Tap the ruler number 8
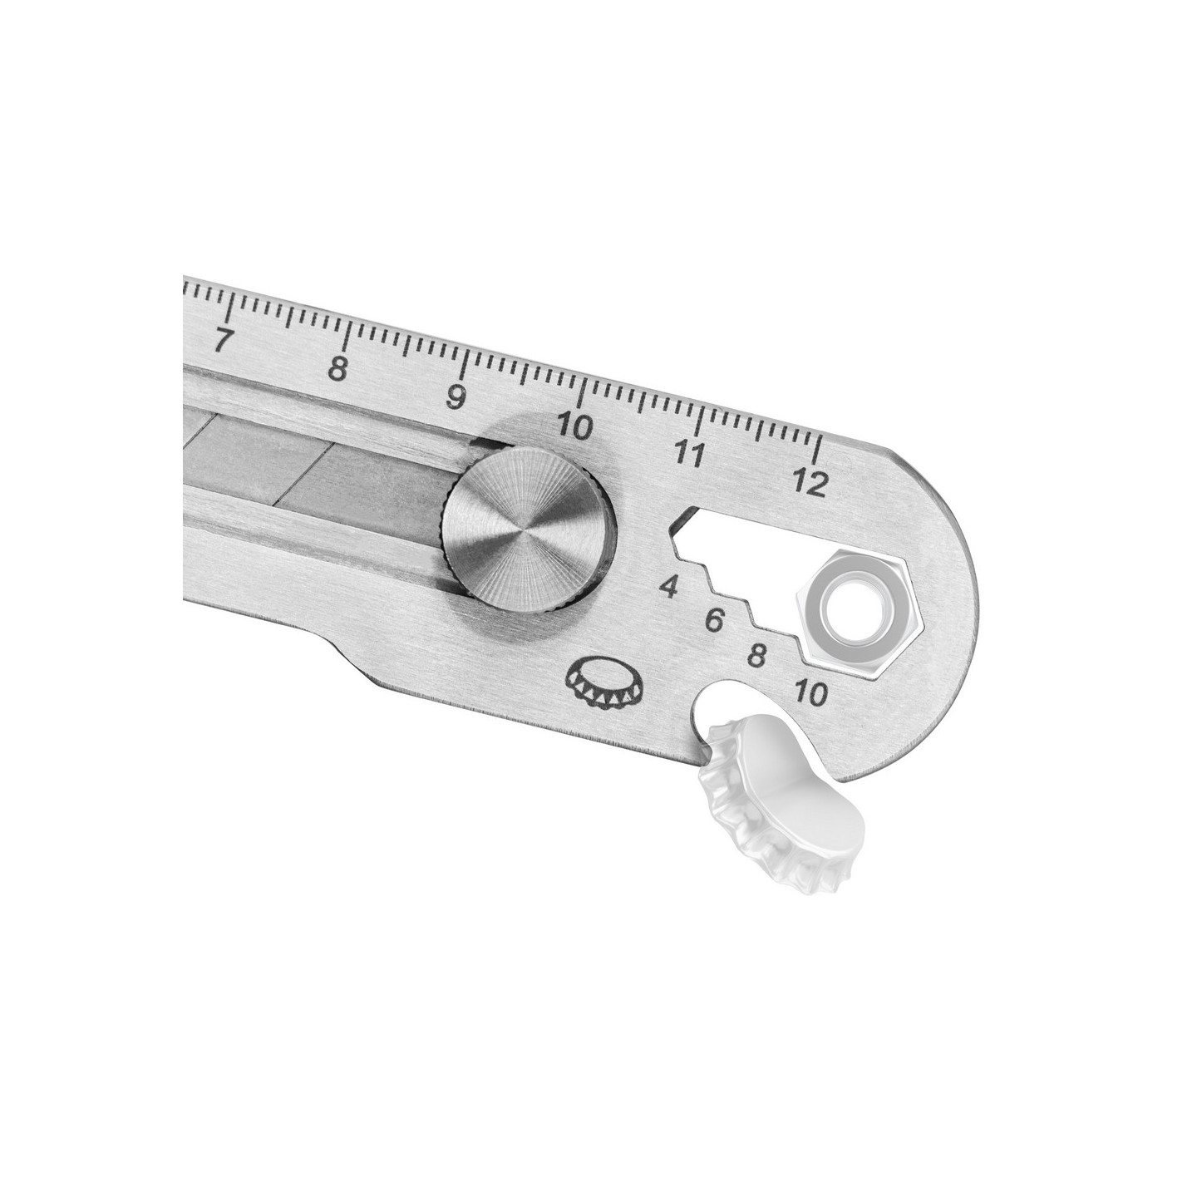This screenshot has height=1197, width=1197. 337,367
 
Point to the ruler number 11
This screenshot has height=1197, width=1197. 689,454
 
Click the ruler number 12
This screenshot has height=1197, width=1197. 810,482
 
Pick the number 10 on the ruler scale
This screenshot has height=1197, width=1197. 574,426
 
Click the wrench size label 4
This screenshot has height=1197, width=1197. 668,586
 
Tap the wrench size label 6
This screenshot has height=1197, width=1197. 717,619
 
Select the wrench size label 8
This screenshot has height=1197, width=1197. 758,656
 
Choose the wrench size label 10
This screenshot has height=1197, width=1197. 811,692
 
